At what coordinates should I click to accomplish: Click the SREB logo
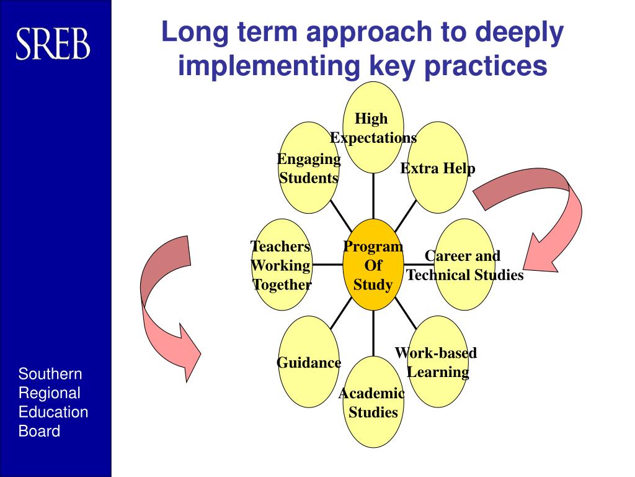[x=53, y=44]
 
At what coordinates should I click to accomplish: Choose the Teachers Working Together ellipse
[x=282, y=265]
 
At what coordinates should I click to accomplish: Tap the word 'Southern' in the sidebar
[x=50, y=374]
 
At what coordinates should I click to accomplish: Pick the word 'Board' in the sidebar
[x=40, y=431]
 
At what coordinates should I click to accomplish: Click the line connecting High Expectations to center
[x=373, y=196]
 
